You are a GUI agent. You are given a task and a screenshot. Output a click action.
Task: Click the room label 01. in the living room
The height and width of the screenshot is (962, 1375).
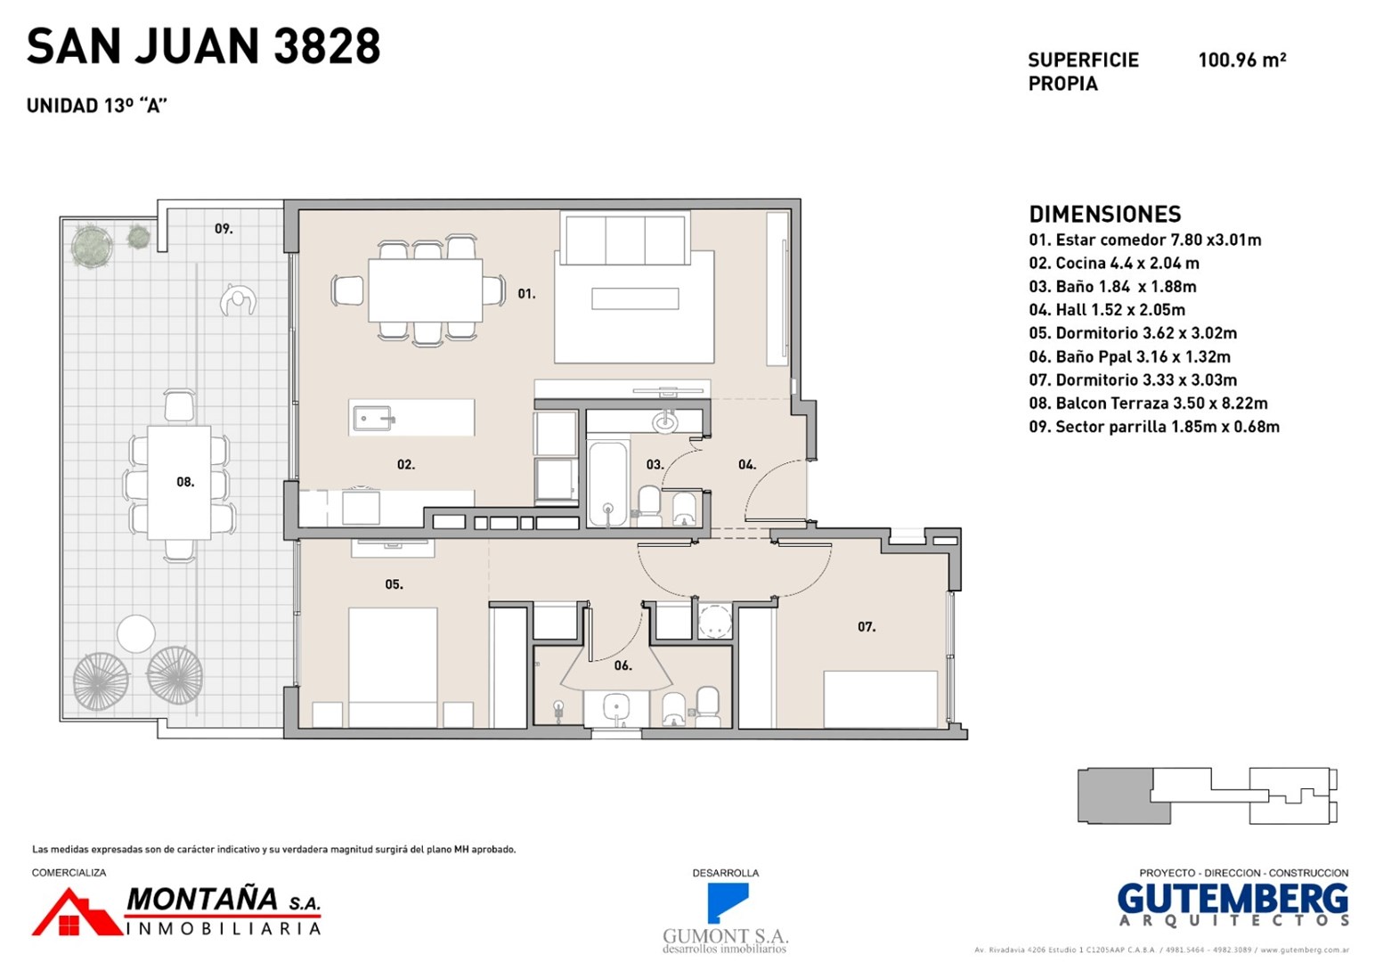point(526,294)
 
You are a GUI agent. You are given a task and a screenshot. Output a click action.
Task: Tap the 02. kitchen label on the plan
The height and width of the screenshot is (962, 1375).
point(406,465)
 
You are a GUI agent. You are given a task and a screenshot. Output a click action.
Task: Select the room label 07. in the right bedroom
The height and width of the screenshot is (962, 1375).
point(866,627)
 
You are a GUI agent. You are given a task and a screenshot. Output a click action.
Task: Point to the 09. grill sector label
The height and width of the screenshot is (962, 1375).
point(224,229)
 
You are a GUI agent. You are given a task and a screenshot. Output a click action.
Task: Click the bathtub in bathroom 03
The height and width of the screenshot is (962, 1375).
point(607,483)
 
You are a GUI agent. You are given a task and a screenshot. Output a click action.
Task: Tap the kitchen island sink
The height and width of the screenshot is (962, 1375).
point(372,419)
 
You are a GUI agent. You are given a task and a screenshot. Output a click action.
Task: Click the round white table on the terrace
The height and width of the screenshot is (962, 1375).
point(136,634)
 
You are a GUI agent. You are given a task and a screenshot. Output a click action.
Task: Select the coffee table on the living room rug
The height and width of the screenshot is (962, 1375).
point(635,299)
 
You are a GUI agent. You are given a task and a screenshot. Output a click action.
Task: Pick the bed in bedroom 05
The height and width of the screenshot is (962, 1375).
point(393,667)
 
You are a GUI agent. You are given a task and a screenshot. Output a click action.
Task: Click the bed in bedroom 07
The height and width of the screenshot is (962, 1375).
point(880,699)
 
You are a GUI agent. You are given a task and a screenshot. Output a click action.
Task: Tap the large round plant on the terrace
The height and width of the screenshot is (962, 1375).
point(92,246)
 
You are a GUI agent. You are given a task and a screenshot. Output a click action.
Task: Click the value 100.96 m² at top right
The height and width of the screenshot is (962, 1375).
point(1241,60)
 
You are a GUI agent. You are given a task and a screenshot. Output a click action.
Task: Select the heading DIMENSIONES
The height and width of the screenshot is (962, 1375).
point(1105,215)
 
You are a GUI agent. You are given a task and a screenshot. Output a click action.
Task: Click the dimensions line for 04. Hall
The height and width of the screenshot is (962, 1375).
point(1107,310)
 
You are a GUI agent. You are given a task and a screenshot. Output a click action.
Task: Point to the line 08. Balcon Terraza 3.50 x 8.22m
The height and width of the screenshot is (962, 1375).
point(1148,404)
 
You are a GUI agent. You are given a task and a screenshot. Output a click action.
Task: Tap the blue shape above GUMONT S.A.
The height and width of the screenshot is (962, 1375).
point(727,902)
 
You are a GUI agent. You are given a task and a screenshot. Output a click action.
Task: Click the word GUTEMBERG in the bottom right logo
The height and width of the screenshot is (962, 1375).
point(1233,900)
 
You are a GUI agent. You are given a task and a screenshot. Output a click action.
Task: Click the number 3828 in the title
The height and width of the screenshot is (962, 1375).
point(327,46)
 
